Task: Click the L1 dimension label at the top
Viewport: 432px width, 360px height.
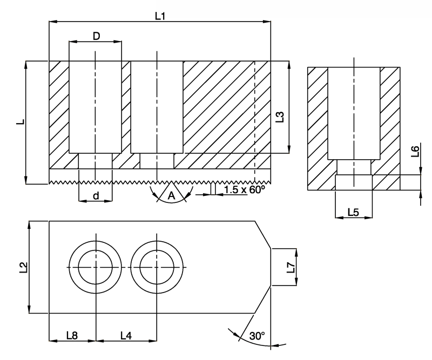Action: click(160, 16)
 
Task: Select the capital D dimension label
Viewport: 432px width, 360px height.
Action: click(96, 36)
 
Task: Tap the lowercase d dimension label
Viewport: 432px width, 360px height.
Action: click(96, 196)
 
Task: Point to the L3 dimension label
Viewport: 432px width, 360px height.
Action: click(279, 117)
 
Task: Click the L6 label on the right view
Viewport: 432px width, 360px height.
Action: click(415, 151)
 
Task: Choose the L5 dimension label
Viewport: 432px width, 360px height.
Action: click(353, 212)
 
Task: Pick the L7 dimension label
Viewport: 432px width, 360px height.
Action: click(291, 267)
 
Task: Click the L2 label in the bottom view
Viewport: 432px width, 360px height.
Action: click(24, 268)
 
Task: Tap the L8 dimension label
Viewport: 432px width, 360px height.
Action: click(72, 335)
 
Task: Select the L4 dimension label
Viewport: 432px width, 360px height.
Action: click(126, 335)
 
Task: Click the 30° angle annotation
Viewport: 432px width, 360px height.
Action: click(257, 336)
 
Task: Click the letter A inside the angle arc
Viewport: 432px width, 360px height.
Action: click(171, 195)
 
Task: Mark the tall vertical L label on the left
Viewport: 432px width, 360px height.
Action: click(21, 121)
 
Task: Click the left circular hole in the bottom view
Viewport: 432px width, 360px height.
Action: click(96, 267)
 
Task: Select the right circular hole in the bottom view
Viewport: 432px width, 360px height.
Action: click(157, 267)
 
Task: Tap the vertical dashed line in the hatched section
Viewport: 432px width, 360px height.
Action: click(254, 122)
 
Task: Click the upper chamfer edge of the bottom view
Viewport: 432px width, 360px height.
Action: click(263, 235)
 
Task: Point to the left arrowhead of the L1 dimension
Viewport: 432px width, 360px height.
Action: click(53, 22)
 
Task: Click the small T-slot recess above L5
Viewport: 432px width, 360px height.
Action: click(354, 182)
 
